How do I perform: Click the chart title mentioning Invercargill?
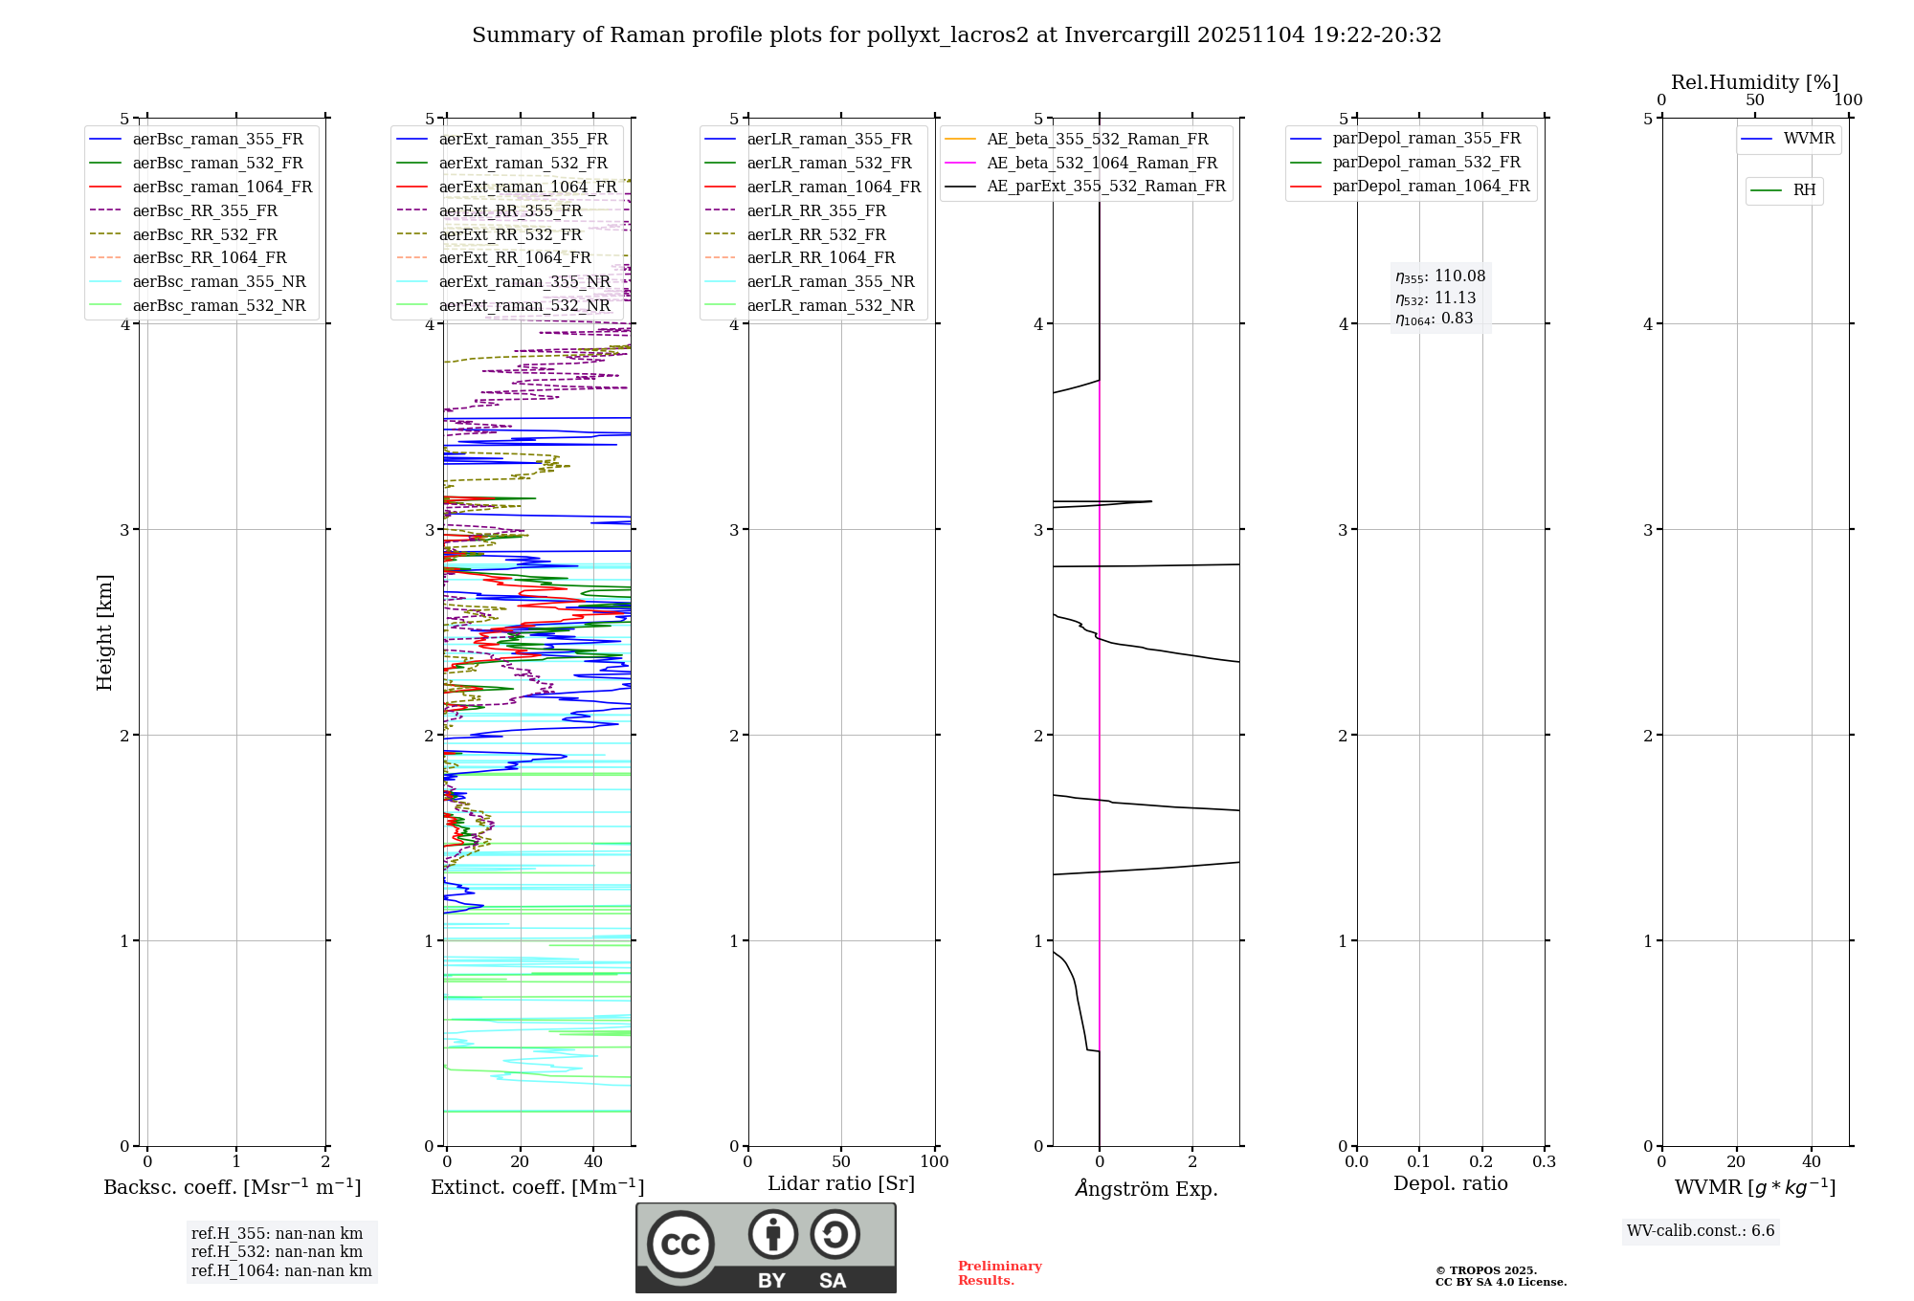[x=956, y=35]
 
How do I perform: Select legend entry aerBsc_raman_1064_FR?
[x=222, y=187]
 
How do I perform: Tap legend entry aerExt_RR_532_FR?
[x=510, y=235]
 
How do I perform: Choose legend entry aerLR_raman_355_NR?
[x=830, y=282]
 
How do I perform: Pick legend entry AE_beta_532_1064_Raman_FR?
[x=1102, y=164]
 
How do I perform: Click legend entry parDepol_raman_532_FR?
[x=1426, y=163]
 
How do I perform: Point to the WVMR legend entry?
[x=1809, y=140]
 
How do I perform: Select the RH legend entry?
[x=1804, y=191]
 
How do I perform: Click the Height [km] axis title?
[x=104, y=632]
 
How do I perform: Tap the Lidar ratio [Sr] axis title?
[x=841, y=1184]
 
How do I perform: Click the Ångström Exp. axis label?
[x=1146, y=1189]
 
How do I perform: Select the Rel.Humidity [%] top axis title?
[x=1754, y=83]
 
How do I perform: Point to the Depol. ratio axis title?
[x=1450, y=1184]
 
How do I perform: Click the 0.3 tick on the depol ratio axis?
[x=1544, y=1162]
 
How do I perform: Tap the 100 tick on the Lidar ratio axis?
[x=934, y=1162]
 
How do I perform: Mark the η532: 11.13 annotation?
[x=1435, y=298]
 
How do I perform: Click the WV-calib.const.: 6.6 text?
[x=1701, y=1231]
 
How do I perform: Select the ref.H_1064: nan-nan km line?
[x=281, y=1271]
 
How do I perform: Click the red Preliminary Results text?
[x=999, y=1273]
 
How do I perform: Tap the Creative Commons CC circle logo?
[x=680, y=1245]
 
